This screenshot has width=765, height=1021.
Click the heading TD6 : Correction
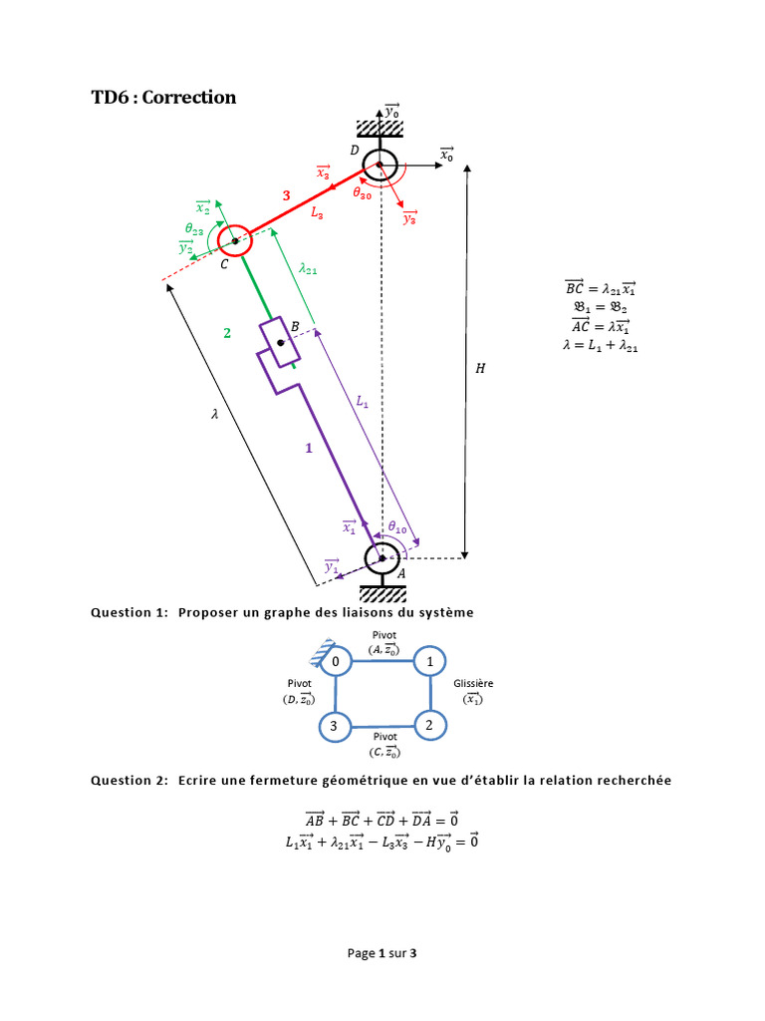[163, 97]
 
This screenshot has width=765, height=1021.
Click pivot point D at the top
[381, 166]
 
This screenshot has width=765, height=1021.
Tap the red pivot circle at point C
[235, 240]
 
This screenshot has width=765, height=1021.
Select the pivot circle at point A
[382, 558]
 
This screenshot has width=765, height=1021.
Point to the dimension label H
[481, 368]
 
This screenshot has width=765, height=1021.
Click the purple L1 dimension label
[363, 402]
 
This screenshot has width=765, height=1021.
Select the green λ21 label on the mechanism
[308, 267]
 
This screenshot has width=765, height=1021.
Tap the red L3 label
[316, 212]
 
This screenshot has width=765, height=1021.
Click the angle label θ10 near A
[397, 526]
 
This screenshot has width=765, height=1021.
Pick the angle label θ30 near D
[363, 195]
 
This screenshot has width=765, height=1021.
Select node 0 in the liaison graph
[337, 662]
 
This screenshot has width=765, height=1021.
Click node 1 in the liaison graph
[429, 662]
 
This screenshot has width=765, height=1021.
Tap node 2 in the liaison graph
[429, 726]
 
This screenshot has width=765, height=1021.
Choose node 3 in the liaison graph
[337, 727]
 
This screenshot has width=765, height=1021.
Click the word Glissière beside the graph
[473, 683]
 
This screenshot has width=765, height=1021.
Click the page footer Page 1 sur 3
[382, 953]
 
